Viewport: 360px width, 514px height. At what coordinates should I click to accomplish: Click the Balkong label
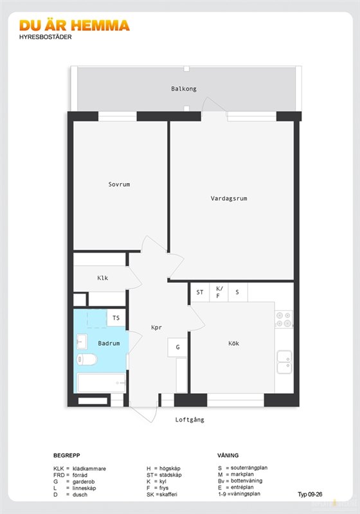184,89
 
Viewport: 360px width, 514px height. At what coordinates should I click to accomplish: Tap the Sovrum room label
119,184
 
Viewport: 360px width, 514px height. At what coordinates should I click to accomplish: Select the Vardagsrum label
229,199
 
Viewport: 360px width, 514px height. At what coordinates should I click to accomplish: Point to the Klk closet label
103,278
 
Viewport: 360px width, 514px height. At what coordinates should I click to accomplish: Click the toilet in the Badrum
87,359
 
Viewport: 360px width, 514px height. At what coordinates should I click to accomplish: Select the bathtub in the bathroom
102,383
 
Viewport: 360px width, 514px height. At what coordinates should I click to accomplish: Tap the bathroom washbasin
82,342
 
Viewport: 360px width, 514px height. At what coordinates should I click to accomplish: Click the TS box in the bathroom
116,317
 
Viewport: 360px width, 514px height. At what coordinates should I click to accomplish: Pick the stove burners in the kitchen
283,319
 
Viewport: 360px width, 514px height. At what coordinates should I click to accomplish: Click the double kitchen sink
284,362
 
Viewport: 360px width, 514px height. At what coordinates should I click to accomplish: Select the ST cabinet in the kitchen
200,292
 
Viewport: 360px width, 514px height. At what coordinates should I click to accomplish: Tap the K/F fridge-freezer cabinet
219,292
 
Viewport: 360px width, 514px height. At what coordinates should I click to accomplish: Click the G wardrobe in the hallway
177,347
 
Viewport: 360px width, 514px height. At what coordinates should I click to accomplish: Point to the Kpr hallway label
156,328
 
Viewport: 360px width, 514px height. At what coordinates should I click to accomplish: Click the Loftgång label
190,420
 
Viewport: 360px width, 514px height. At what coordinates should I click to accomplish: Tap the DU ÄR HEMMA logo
75,26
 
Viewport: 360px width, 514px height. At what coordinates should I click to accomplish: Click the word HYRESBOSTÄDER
45,37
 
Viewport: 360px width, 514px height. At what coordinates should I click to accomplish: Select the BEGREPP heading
67,456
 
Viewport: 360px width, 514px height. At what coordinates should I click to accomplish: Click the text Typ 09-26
310,494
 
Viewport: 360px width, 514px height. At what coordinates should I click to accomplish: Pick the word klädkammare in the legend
89,469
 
